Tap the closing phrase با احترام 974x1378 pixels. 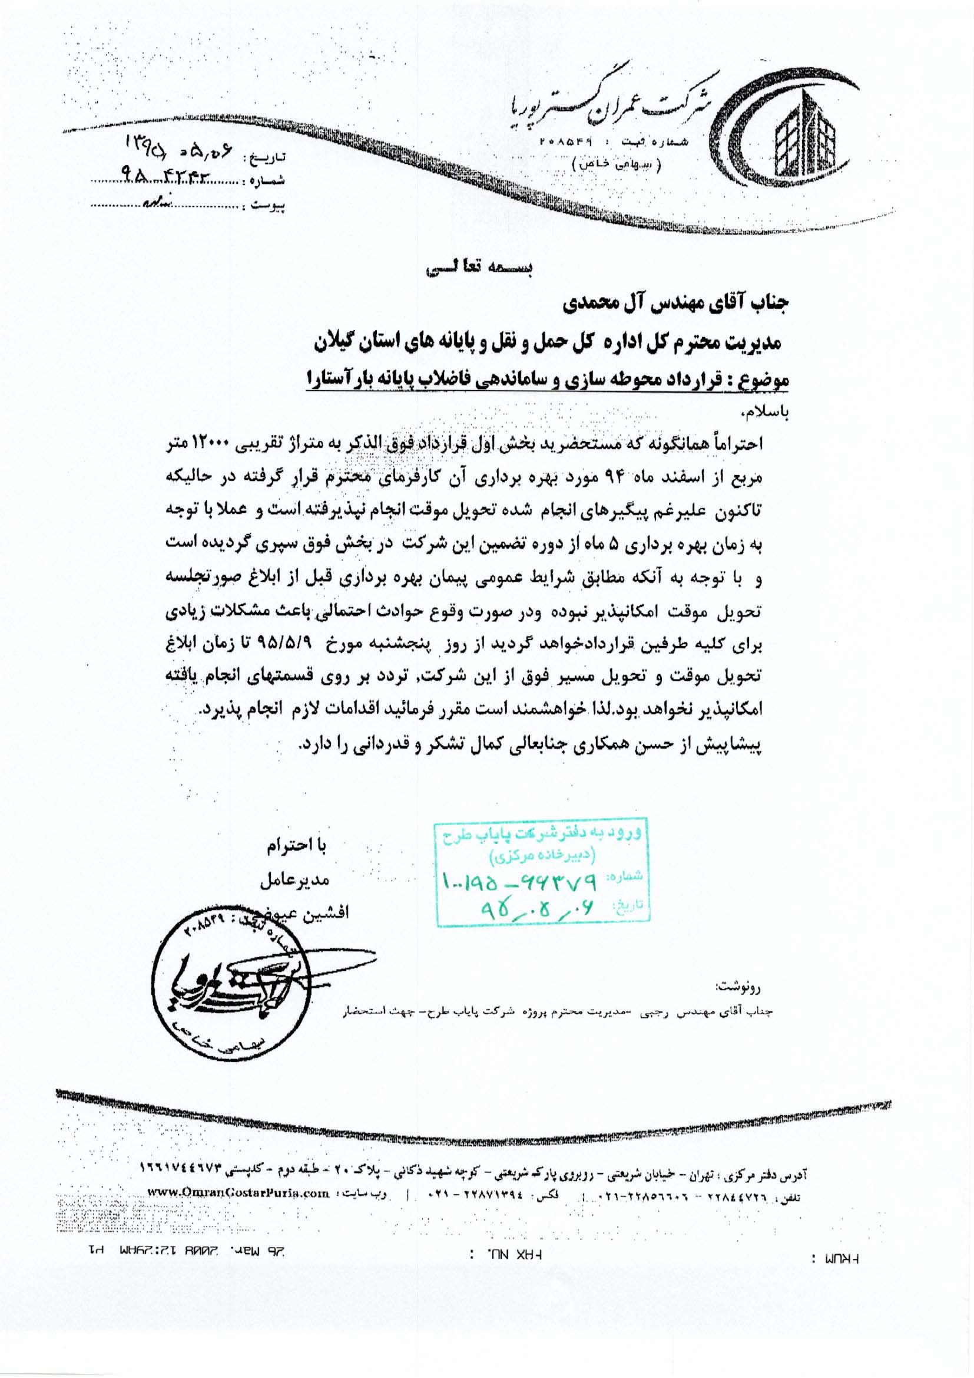click(304, 846)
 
